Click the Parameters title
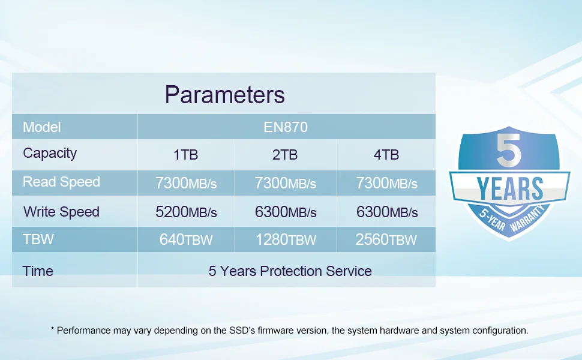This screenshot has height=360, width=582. tap(225, 95)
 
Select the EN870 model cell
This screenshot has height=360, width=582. tap(286, 127)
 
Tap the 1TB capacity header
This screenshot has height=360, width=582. tap(185, 155)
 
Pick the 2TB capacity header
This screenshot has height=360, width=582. tap(285, 155)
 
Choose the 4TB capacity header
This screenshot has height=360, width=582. tap(386, 155)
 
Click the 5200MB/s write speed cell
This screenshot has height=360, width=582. tap(186, 212)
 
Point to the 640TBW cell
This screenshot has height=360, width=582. tap(186, 239)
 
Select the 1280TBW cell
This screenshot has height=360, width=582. tap(286, 239)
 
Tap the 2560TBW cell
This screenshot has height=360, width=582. tap(386, 239)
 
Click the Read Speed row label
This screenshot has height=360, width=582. tap(61, 182)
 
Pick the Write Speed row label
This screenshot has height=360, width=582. tap(61, 212)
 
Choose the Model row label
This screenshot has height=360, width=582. tap(41, 127)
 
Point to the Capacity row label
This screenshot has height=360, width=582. tap(50, 153)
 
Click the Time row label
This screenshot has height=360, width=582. tap(38, 271)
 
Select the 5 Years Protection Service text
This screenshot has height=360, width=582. tap(290, 271)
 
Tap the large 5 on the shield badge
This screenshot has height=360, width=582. tap(509, 150)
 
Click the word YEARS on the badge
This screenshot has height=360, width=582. tap(509, 188)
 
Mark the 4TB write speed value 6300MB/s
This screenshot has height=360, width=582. tap(387, 212)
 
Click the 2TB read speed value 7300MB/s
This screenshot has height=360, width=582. tap(285, 183)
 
